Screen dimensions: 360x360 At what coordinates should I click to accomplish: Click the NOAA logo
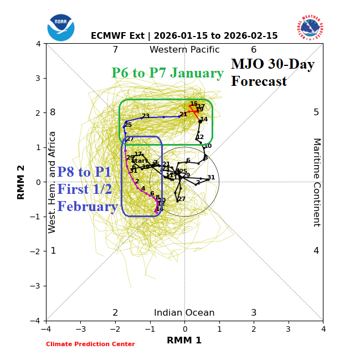tap(60, 27)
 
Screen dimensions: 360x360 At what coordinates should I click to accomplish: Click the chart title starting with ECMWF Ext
tap(184, 36)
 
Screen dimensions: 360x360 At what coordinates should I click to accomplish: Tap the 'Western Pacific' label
tap(184, 50)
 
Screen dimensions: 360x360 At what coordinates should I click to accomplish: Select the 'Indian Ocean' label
tap(184, 313)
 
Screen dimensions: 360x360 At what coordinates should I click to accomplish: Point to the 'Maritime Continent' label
tap(316, 182)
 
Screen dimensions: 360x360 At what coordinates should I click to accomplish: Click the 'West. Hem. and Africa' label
tap(53, 182)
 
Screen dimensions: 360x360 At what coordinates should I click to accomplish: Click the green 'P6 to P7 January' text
tap(167, 73)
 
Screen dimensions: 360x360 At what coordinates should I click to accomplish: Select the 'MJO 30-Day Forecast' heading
tap(272, 73)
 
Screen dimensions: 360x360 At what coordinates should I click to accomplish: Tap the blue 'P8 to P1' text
tap(84, 172)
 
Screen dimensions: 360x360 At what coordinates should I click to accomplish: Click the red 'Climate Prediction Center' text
tap(90, 344)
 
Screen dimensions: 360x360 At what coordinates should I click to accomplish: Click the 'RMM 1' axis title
tap(184, 341)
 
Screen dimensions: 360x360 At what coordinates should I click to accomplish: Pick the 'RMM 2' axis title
tap(22, 182)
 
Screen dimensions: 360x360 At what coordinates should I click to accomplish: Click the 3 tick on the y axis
tap(38, 78)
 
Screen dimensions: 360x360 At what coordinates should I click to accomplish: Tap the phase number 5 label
tap(316, 112)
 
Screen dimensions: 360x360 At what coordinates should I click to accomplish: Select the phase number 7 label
tap(115, 50)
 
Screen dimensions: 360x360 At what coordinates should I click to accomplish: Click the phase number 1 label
tap(53, 251)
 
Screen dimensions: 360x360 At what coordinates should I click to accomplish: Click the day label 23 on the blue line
tap(146, 116)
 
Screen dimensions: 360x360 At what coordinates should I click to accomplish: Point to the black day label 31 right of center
tap(211, 178)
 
